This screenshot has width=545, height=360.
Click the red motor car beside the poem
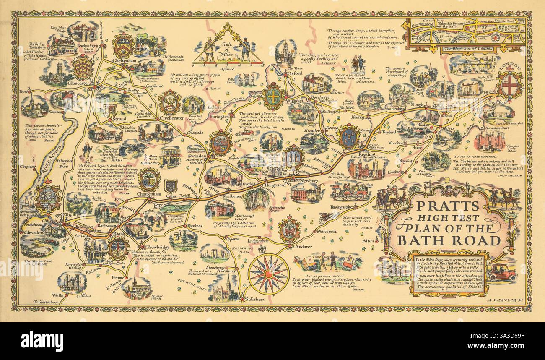click(501, 273)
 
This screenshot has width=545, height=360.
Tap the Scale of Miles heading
click(227, 46)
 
